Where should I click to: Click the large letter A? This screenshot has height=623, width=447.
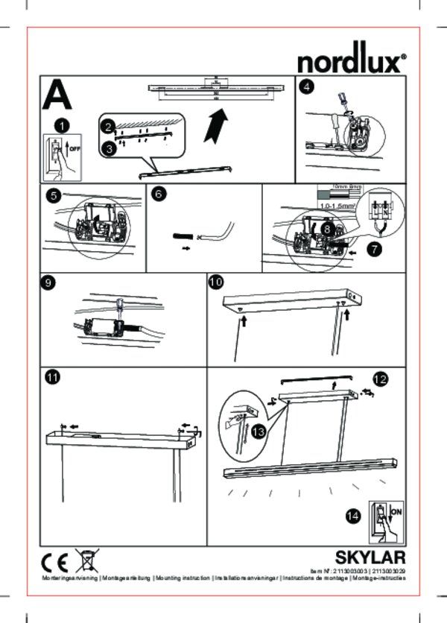[58, 95]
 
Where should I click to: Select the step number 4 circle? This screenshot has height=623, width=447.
[306, 86]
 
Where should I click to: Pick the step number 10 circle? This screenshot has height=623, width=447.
[215, 283]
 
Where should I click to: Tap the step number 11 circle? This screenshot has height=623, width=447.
[51, 378]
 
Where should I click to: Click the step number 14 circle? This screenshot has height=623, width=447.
[355, 516]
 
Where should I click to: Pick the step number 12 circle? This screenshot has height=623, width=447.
[381, 379]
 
